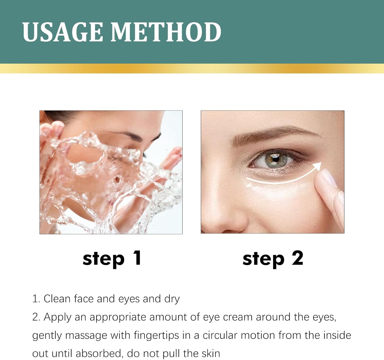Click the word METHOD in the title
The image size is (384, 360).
pos(166,32)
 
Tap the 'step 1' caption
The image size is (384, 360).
pos(112,259)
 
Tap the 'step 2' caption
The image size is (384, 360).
pos(273,259)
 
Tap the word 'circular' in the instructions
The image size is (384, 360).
pos(220,336)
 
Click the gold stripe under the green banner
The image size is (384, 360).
pos(192,68)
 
